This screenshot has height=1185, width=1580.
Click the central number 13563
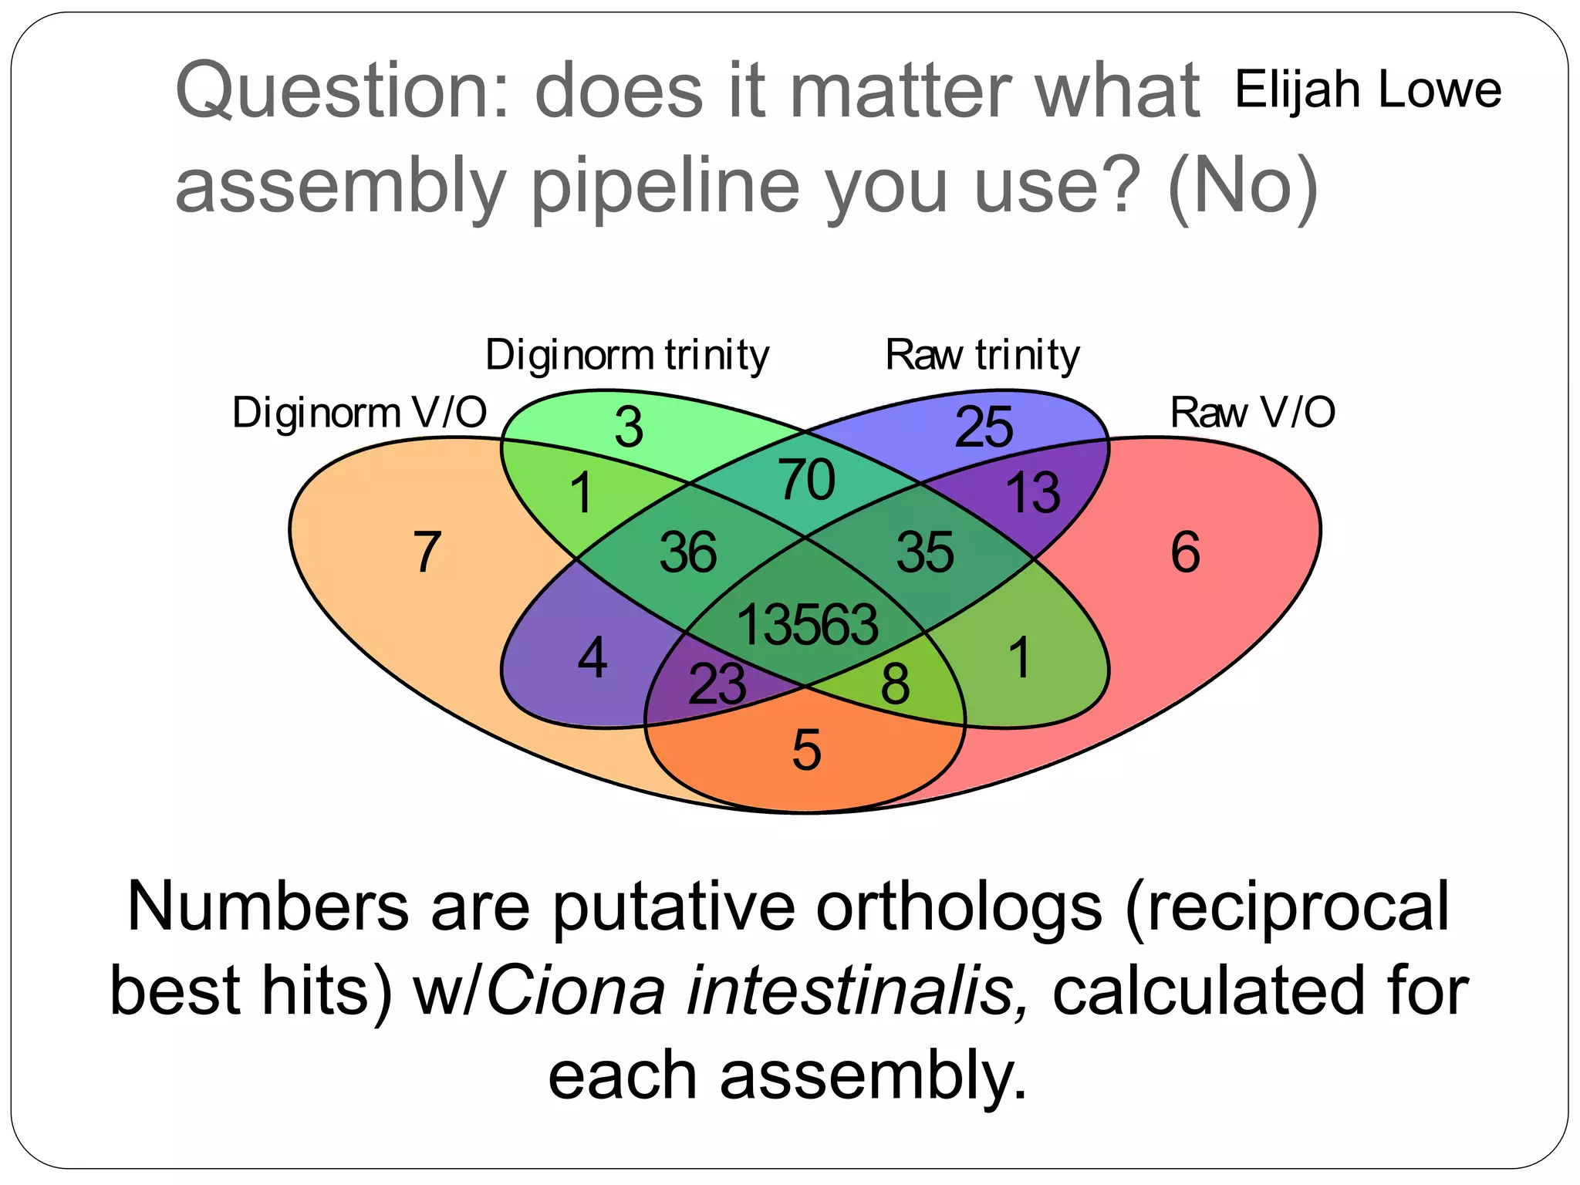tap(807, 624)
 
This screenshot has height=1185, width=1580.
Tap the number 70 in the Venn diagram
tap(806, 480)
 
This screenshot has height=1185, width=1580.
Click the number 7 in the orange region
tap(427, 552)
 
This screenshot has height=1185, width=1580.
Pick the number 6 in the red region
tap(1185, 552)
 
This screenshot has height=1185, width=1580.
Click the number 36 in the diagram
tap(687, 552)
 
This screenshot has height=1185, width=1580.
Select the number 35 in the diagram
tap(925, 552)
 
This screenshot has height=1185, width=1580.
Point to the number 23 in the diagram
tap(717, 684)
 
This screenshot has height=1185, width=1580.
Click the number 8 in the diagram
tap(895, 684)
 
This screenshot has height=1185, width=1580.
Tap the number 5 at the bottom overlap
tap(806, 750)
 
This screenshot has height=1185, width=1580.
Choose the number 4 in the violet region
tap(592, 659)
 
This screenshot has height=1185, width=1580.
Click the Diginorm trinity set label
tap(627, 356)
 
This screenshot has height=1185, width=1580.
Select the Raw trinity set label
tap(982, 356)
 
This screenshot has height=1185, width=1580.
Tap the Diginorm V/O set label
tap(360, 413)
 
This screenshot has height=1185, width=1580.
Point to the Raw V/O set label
tap(1252, 413)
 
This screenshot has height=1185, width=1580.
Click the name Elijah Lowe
tap(1367, 89)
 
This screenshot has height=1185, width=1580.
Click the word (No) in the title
tap(1242, 186)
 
